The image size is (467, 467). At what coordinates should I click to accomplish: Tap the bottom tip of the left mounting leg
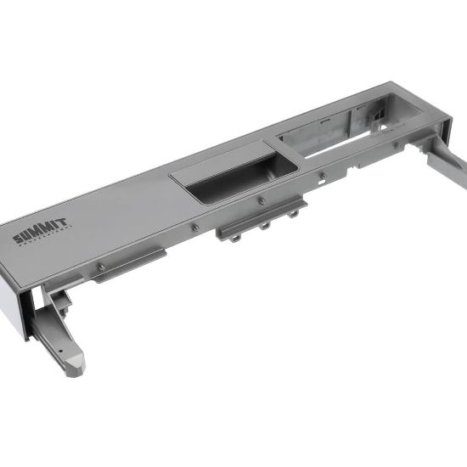[x=74, y=369]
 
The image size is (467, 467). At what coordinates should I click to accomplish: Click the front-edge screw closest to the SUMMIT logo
[x=101, y=267]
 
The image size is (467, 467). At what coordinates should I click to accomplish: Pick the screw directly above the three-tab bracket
[x=261, y=200]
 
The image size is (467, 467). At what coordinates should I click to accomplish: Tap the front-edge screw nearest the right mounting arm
[x=397, y=145]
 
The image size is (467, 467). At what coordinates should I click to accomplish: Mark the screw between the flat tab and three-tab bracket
[x=195, y=227]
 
